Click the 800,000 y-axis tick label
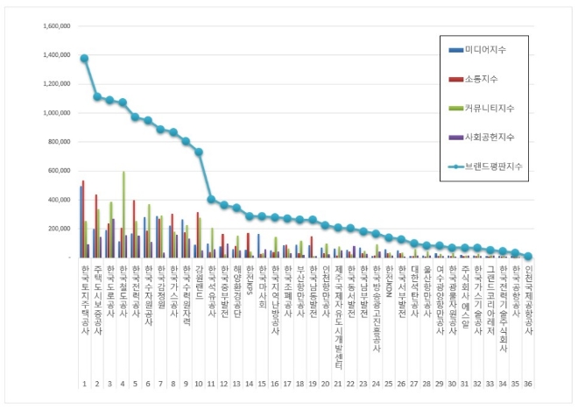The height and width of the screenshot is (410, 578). tap(55, 142)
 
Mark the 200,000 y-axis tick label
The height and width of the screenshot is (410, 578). tap(55, 229)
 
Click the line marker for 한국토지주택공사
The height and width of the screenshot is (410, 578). tap(84, 59)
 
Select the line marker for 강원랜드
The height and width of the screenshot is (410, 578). tap(199, 152)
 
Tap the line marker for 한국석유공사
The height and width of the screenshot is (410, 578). tap(211, 199)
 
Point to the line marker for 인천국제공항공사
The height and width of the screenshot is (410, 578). tap(528, 257)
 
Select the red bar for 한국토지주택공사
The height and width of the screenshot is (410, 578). tap(83, 219)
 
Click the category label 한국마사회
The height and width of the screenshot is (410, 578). tap(262, 290)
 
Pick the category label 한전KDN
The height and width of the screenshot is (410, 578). tap(389, 285)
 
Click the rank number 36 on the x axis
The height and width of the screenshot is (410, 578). tap(528, 384)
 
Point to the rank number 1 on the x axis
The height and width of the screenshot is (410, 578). tap(84, 384)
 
